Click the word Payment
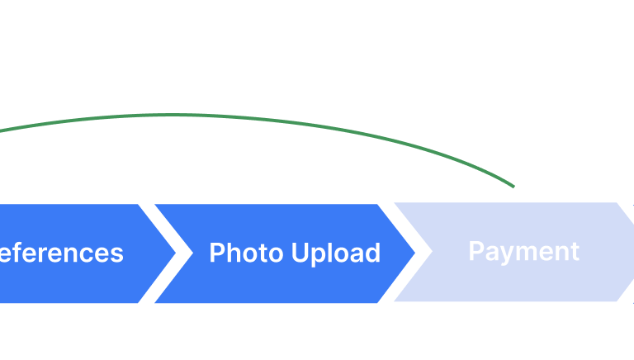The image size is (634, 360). tap(523, 251)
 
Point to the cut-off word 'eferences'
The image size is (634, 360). tap(61, 253)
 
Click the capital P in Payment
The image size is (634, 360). tap(475, 251)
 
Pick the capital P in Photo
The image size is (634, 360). tap(216, 253)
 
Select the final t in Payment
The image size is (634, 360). tap(575, 251)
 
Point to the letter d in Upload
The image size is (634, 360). tap(373, 253)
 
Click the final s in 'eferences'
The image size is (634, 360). tap(117, 254)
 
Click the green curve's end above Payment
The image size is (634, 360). tap(513, 187)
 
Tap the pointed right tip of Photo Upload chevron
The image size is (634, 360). tap(415, 253)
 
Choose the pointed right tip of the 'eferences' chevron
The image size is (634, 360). tap(176, 253)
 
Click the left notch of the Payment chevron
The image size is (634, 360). tap(430, 252)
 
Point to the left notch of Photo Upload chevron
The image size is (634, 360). tap(191, 253)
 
